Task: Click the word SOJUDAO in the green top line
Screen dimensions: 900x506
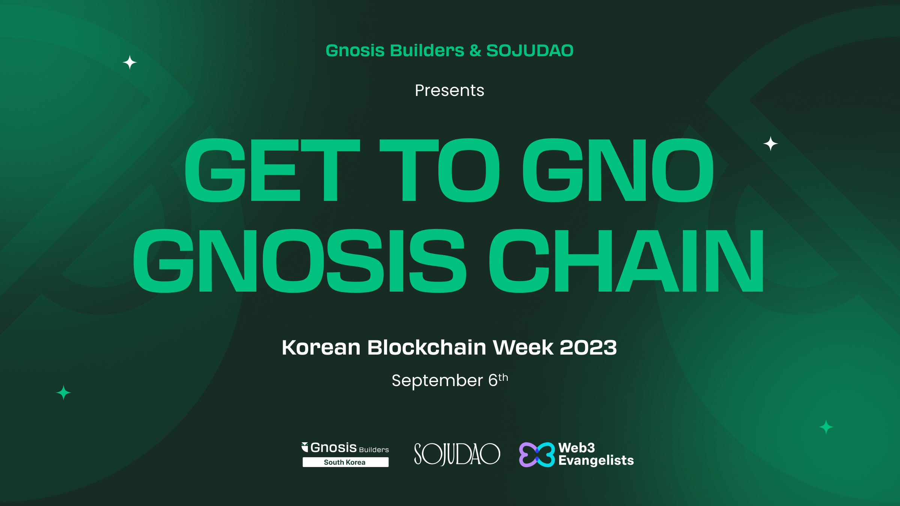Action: [530, 51]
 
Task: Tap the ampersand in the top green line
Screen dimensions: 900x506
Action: [475, 51]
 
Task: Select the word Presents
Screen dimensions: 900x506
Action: [450, 90]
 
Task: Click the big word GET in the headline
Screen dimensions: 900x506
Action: [272, 170]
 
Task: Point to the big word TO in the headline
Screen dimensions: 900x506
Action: [439, 170]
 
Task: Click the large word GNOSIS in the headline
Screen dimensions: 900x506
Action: [300, 261]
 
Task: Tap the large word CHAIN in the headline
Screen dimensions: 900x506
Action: [627, 261]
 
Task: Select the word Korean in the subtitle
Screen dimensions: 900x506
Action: [321, 347]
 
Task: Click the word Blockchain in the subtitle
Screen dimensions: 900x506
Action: [426, 347]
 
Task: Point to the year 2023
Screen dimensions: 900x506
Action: [588, 347]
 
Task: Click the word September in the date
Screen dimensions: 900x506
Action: [437, 381]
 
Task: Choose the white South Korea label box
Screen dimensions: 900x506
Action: [345, 462]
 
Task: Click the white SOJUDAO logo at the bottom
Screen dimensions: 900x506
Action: [457, 454]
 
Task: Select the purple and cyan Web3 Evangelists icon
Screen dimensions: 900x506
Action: [537, 455]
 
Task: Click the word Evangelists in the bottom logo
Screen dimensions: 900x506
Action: [596, 461]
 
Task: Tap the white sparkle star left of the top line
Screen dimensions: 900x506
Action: [130, 62]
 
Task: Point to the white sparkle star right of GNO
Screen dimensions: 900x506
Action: [771, 144]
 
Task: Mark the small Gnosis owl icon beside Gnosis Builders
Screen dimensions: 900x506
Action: [305, 447]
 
